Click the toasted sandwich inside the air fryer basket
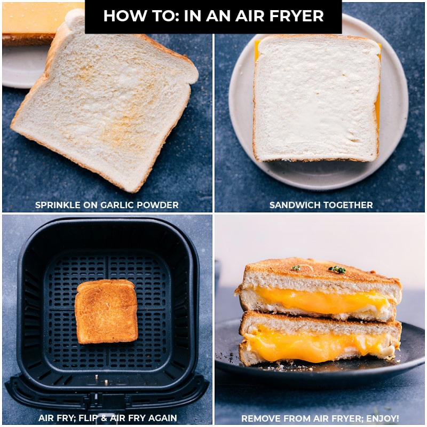(x=106, y=311)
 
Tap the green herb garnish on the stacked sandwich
(x=337, y=269)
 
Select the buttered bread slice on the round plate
(x=317, y=99)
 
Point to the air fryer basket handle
(x=107, y=395)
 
